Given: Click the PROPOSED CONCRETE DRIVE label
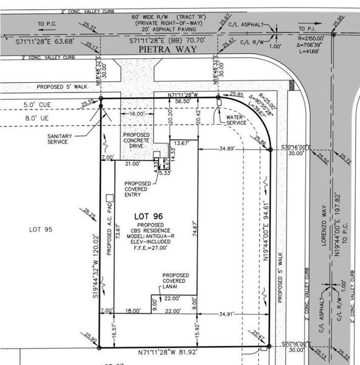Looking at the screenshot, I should click(x=137, y=140).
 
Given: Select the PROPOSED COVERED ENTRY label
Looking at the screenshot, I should click(x=140, y=189).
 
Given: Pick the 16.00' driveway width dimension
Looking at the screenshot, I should click(x=137, y=113).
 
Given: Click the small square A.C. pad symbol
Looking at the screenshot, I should click(x=109, y=197).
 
